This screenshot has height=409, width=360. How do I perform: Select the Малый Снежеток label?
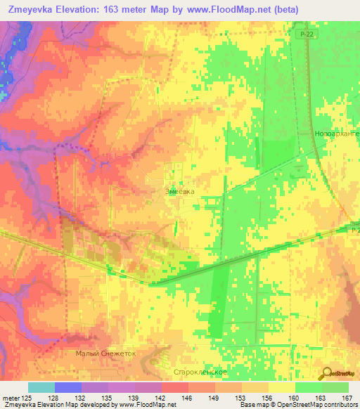(x=105, y=354)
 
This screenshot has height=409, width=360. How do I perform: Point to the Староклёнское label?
(x=198, y=370)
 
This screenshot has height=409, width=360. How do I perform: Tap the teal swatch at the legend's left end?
(x=41, y=387)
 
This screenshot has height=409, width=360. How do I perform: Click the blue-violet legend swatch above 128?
(x=68, y=387)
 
